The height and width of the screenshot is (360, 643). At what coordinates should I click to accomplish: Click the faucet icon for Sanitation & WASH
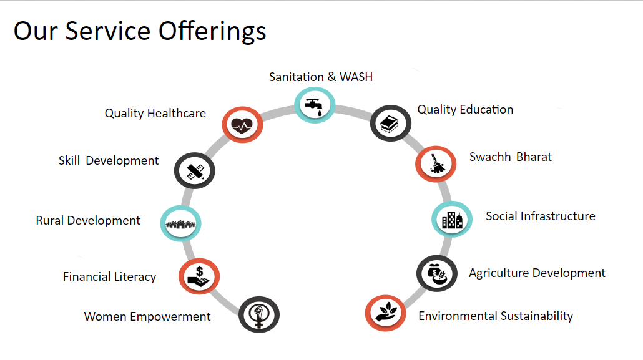[x=315, y=106]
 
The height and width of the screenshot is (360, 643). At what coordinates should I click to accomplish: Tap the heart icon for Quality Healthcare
[x=242, y=125]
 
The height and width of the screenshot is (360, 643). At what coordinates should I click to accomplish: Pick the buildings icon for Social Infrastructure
[x=452, y=220]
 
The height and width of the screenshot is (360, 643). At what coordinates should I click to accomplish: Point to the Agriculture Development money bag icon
[x=436, y=274]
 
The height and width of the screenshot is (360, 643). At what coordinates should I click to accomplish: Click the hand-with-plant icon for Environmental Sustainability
[x=386, y=313]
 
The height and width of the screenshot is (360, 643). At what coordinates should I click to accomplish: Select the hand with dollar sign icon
[x=199, y=277]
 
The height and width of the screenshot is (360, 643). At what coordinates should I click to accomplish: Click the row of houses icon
[x=180, y=224]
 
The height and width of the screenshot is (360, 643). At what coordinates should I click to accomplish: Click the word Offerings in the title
[x=212, y=32]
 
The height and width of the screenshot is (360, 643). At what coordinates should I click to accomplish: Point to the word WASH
[x=356, y=77]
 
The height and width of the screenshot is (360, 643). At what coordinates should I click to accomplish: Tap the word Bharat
[x=534, y=157]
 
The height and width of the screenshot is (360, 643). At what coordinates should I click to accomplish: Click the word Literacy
[x=135, y=277]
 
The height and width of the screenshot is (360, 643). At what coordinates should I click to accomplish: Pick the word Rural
[x=50, y=221]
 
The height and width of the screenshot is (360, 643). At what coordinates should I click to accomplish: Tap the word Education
[x=486, y=109]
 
